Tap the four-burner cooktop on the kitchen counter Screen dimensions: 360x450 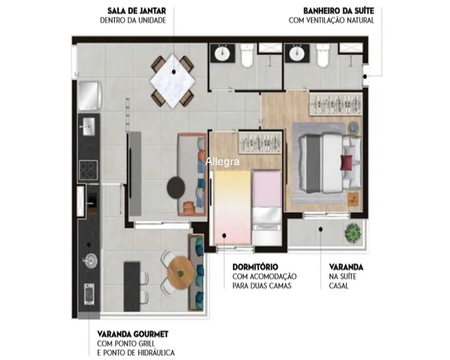tap(89, 168)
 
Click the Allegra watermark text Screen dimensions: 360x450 tap(222, 162)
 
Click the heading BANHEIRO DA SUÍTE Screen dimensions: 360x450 tap(338, 11)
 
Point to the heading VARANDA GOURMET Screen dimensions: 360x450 tap(132, 334)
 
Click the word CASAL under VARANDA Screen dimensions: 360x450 tap(339, 286)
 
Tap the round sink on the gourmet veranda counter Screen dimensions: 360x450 tap(90, 259)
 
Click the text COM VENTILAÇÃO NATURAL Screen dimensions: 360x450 tap(331, 20)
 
